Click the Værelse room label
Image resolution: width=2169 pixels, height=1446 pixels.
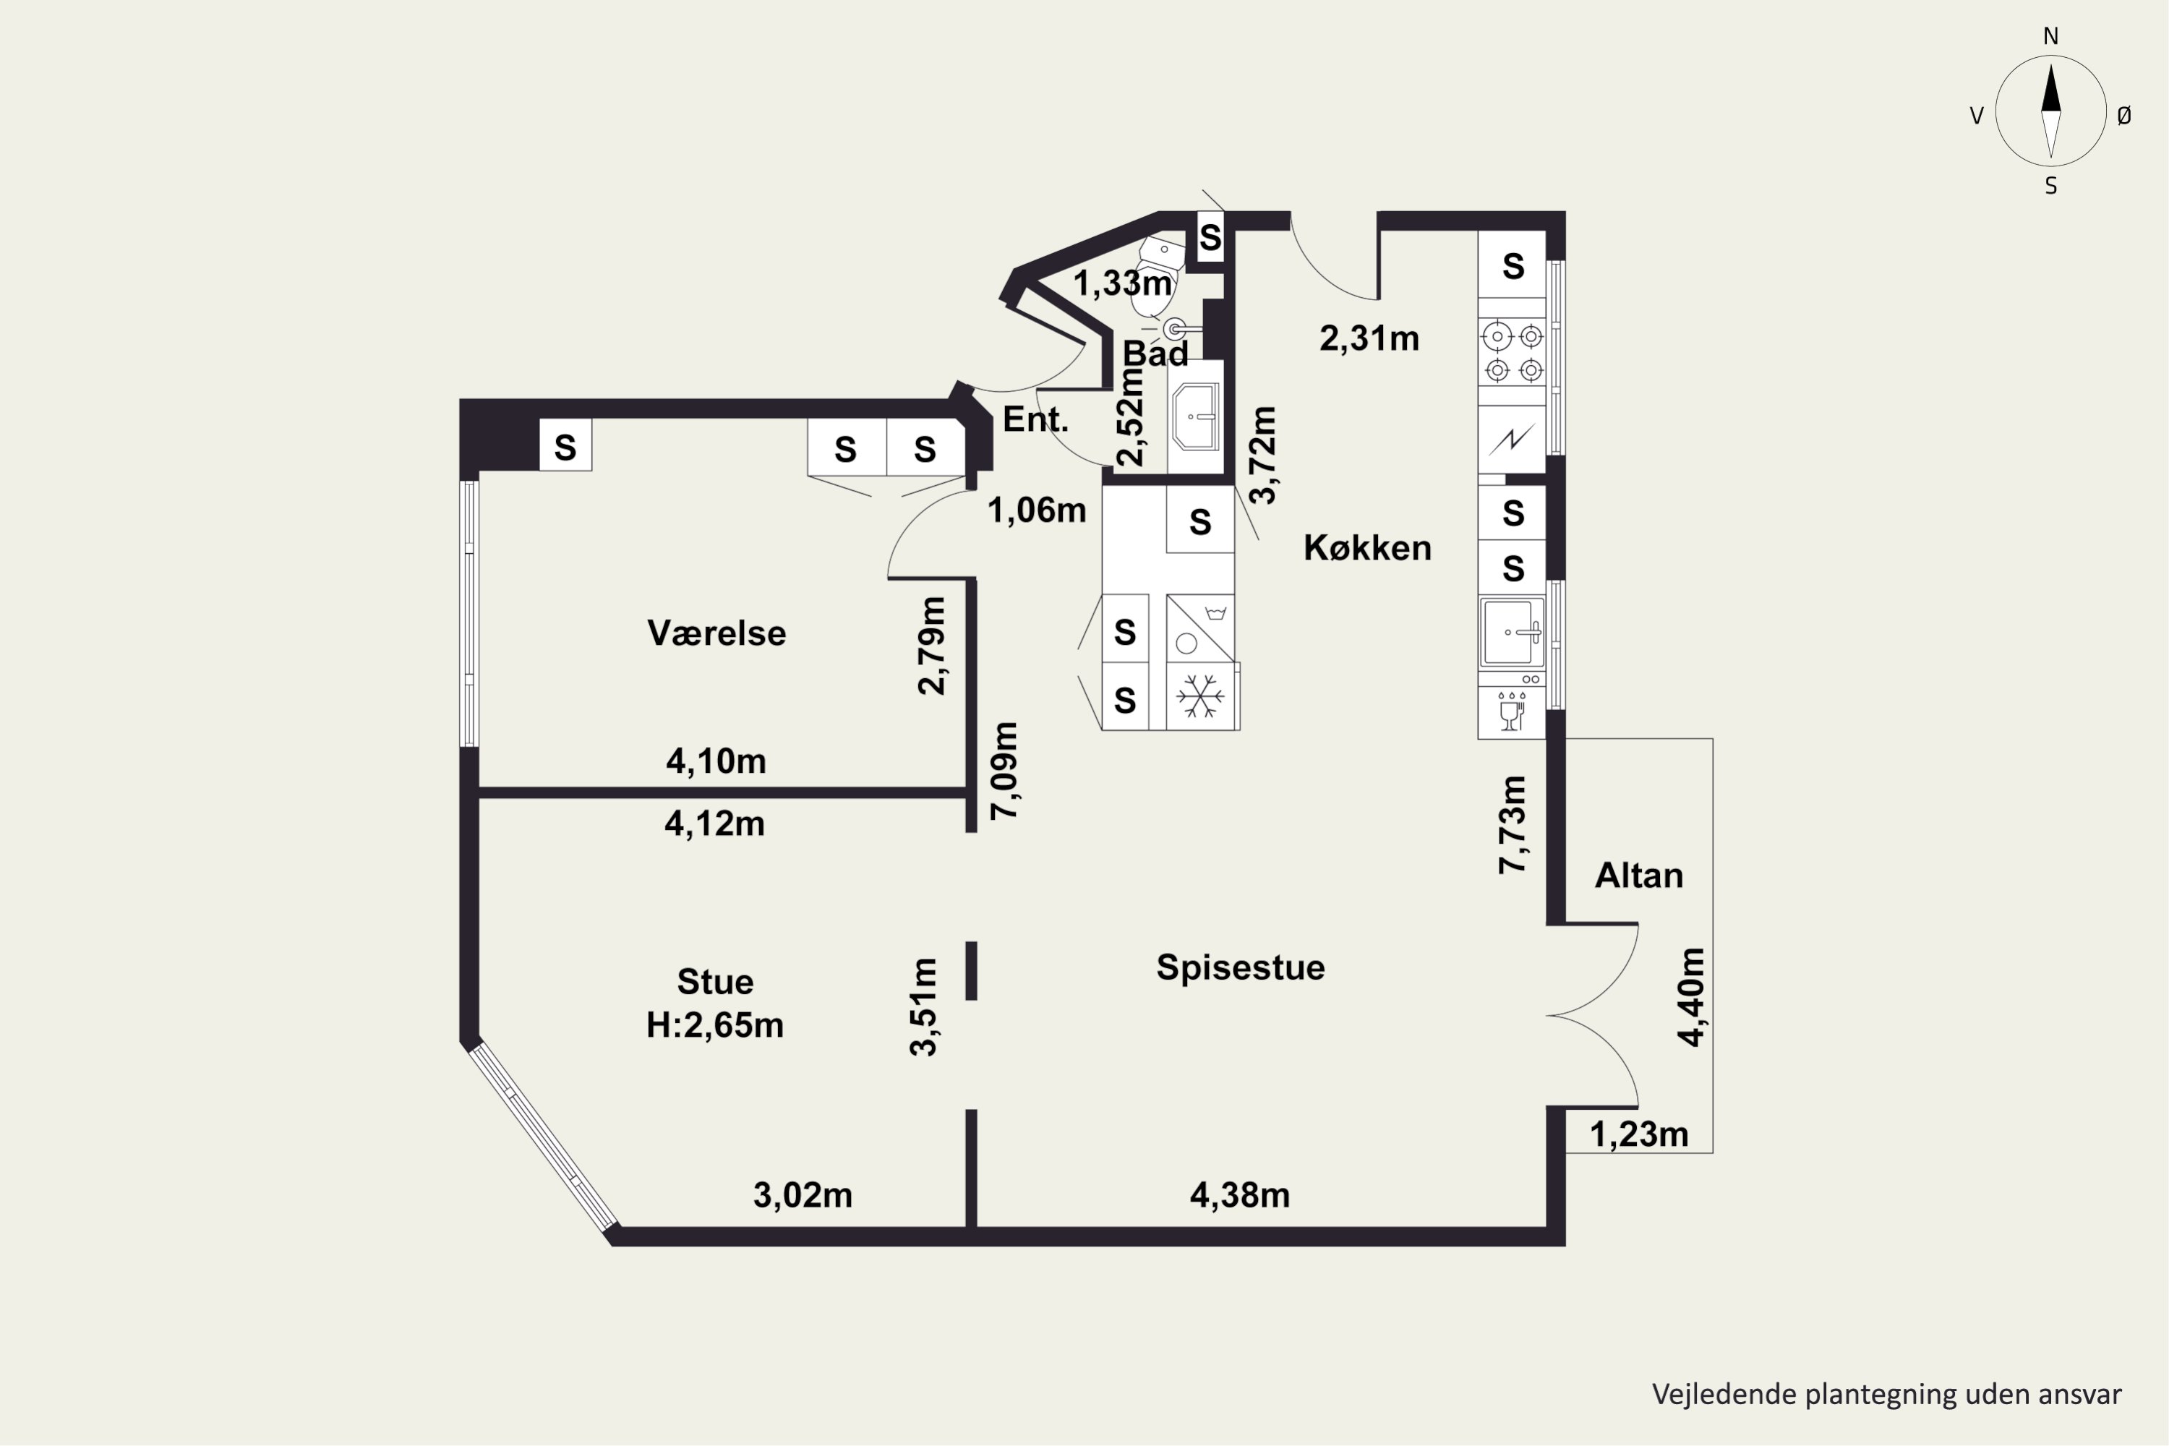[716, 633]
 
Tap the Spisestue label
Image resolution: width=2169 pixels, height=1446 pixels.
[1241, 967]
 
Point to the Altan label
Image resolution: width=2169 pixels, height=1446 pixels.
[1639, 875]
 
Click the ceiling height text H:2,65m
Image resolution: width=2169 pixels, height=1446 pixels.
[715, 1025]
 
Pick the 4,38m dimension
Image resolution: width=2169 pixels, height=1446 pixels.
[1239, 1196]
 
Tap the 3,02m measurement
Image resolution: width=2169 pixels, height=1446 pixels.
[803, 1196]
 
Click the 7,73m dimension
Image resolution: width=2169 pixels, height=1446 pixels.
[1513, 824]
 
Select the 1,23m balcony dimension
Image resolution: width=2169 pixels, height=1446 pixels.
[1639, 1135]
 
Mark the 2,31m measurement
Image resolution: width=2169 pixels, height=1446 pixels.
[1369, 339]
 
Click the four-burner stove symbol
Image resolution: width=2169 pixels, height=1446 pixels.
[1513, 352]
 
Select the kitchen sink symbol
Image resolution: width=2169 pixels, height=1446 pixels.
[1513, 633]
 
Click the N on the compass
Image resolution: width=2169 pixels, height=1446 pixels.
[2051, 37]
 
